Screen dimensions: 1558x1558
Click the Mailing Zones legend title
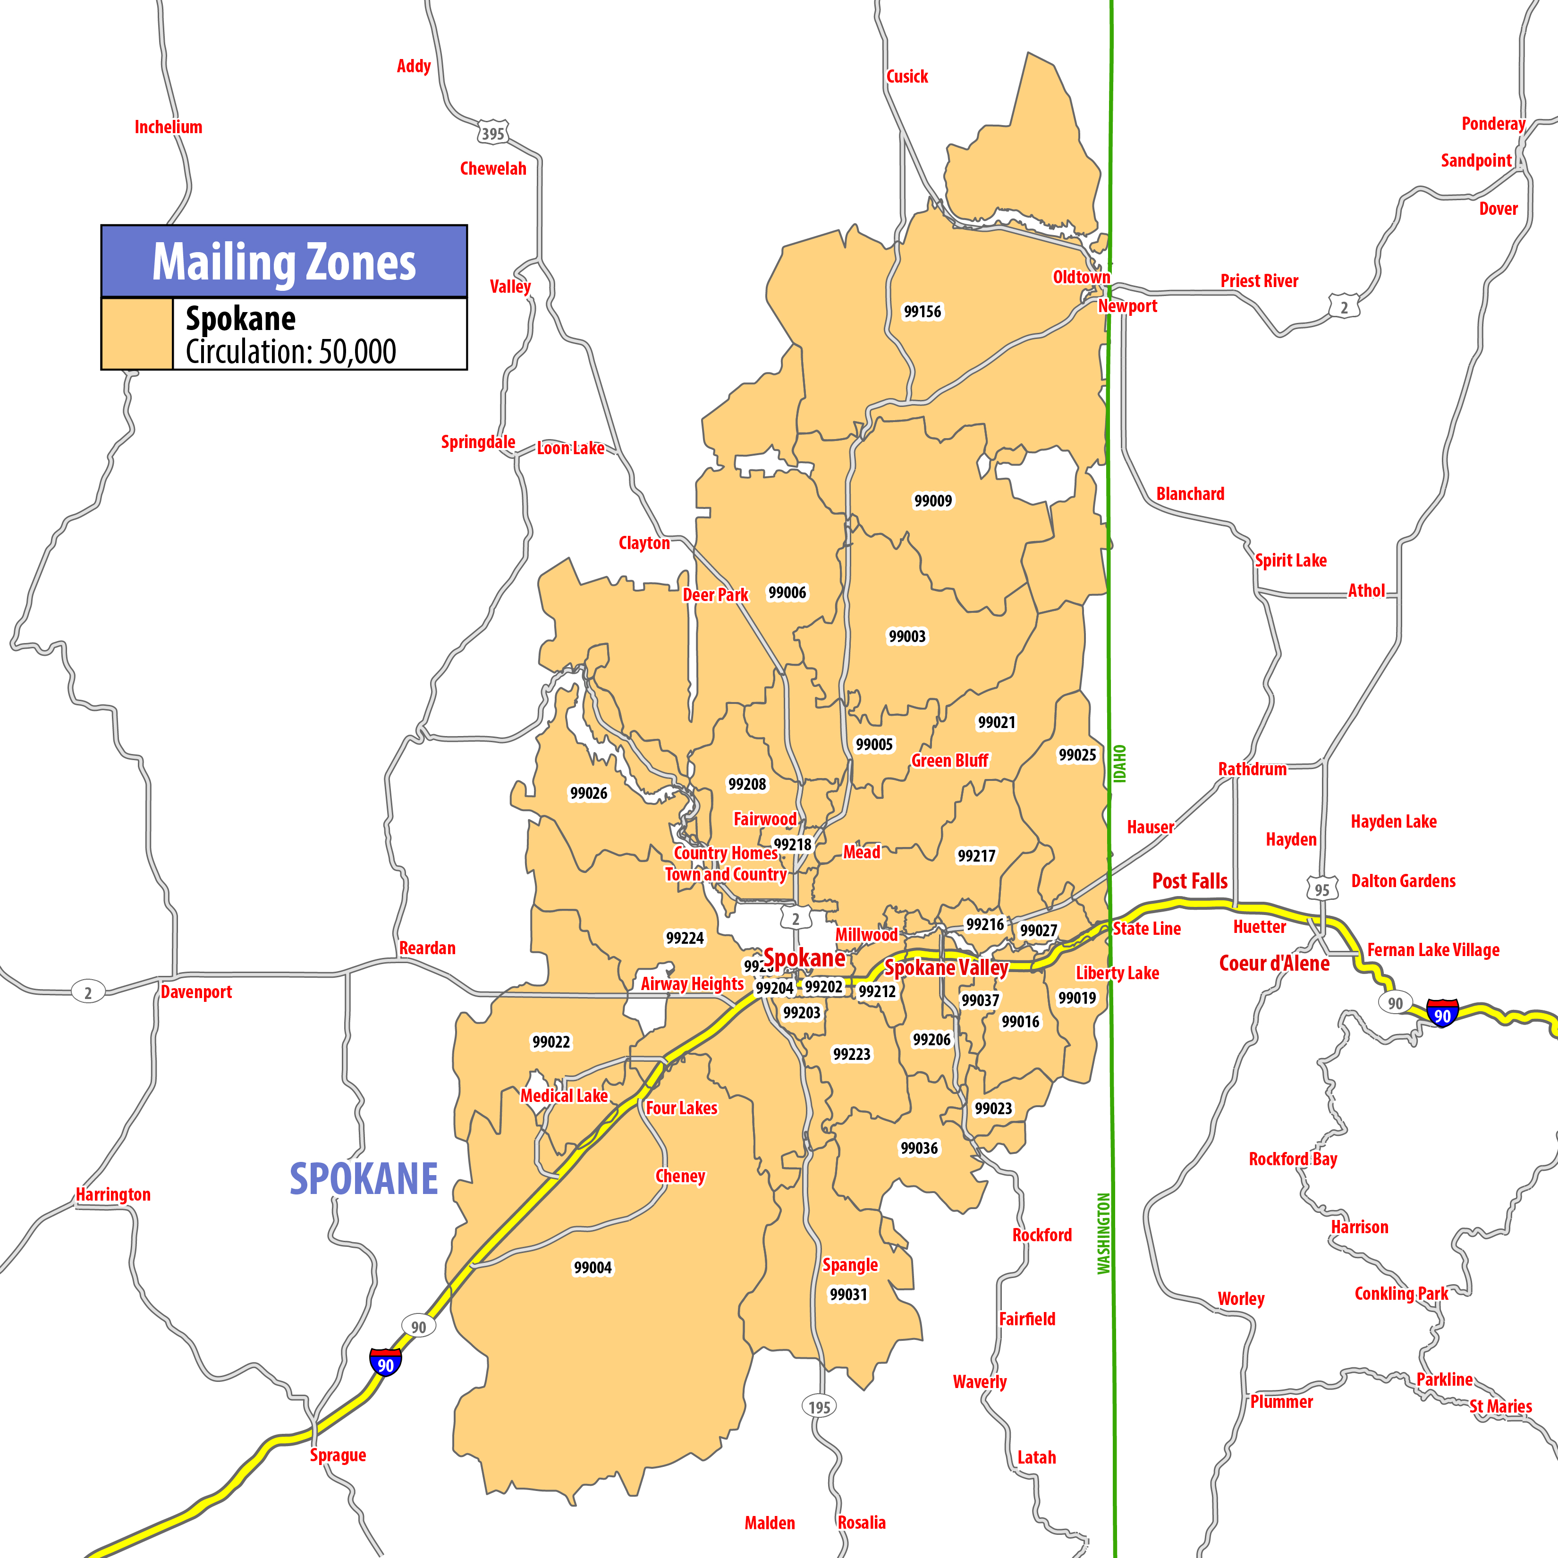point(284,262)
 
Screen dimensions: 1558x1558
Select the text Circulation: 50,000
point(290,352)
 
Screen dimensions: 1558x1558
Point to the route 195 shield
point(819,1407)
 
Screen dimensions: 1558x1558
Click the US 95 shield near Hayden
point(1322,889)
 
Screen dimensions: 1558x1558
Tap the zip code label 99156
point(922,311)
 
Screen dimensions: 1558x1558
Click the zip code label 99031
point(848,1294)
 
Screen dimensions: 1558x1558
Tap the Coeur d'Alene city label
point(1273,964)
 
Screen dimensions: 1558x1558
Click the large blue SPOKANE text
point(364,1179)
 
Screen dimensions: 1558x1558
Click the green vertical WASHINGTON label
point(1103,1233)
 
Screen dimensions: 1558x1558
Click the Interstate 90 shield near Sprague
point(385,1363)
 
